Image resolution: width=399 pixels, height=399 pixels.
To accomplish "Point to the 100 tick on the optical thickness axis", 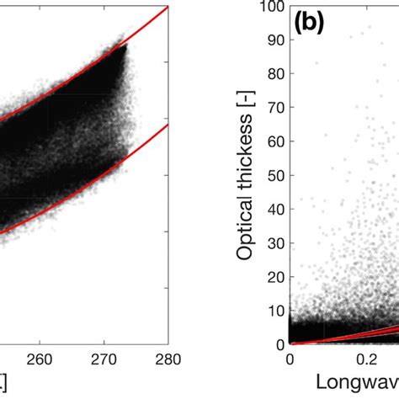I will (271, 8).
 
